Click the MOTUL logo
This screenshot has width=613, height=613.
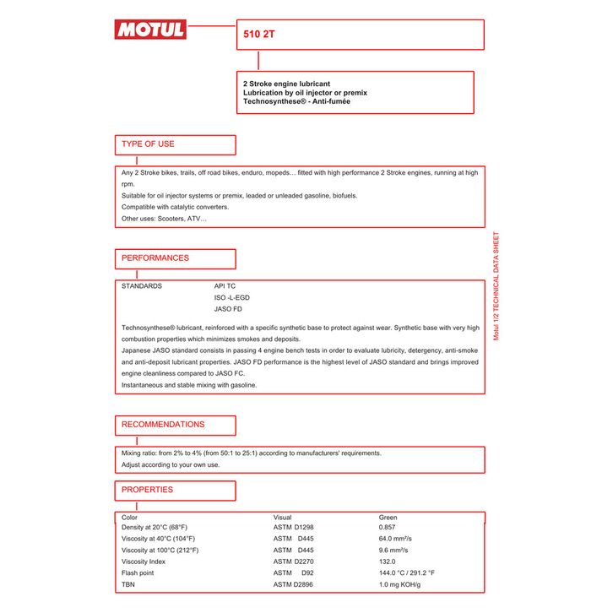point(149,30)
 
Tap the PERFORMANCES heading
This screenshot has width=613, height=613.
point(155,258)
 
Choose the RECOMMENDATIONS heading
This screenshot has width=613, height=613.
point(163,425)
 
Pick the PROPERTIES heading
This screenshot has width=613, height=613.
point(147,490)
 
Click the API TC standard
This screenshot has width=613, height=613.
point(225,286)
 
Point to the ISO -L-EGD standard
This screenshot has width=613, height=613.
point(232,298)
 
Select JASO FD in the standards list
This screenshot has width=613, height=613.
point(228,310)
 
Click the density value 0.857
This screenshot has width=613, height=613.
point(388,528)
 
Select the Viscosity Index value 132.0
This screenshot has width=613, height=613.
point(387,561)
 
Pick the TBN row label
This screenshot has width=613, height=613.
point(128,584)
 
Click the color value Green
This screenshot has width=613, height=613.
point(388,517)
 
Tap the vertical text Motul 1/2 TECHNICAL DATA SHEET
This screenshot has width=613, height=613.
point(496,286)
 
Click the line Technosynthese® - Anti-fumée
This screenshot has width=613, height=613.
point(296,102)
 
